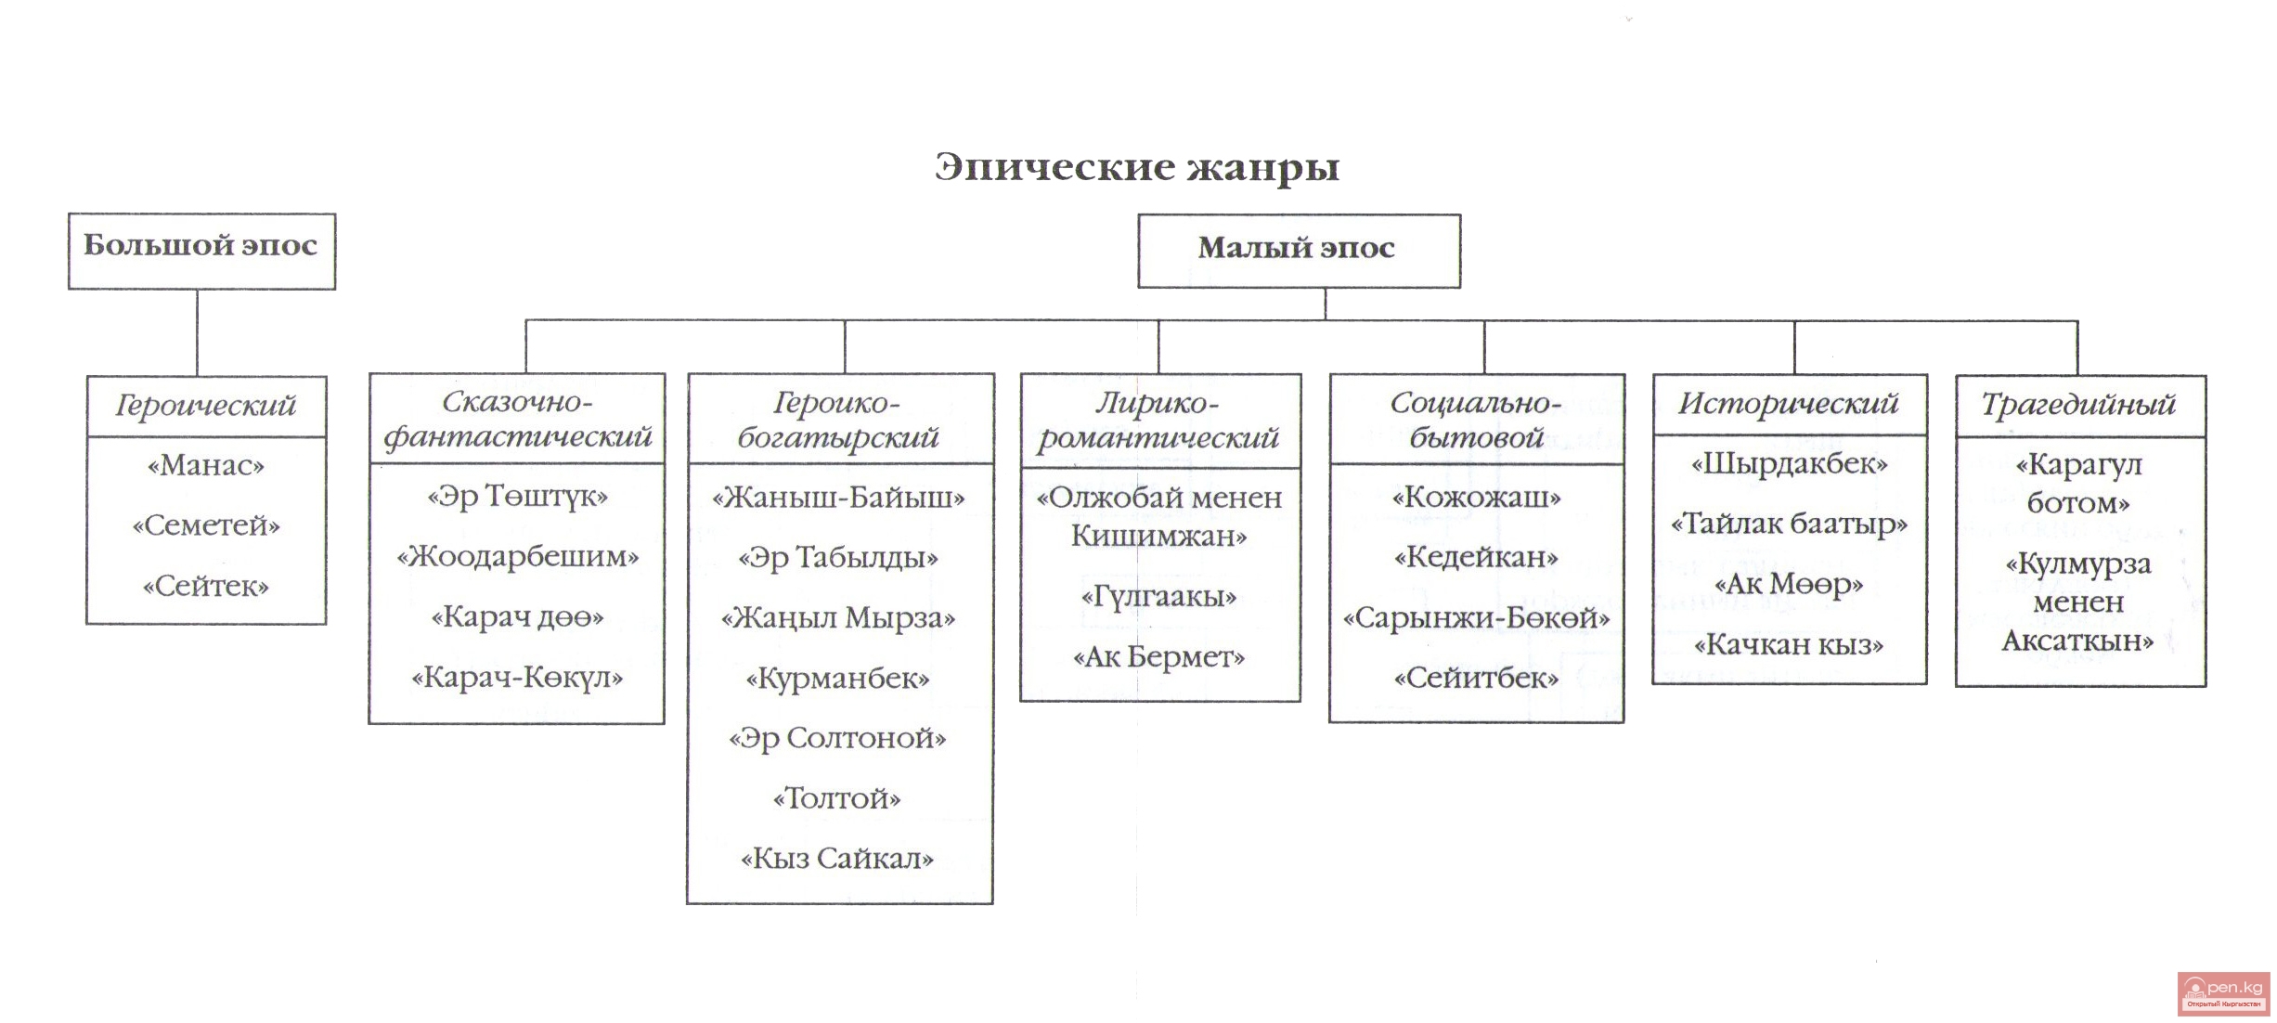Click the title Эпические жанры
point(1137,167)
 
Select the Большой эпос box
point(201,251)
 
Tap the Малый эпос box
point(1298,250)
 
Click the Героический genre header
point(206,406)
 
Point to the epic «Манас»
point(206,465)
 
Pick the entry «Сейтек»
point(206,586)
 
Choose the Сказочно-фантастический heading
point(517,419)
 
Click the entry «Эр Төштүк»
point(517,497)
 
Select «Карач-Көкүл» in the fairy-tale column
point(517,678)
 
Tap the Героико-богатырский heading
point(838,420)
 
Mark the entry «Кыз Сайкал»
point(837,859)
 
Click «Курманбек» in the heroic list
point(837,679)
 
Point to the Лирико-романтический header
point(1158,420)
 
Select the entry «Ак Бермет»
point(1158,657)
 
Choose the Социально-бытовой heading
point(1476,420)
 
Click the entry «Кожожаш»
point(1476,498)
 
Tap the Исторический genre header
point(1788,404)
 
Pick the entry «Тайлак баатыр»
point(1789,524)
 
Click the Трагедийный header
point(2078,405)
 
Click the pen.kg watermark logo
point(2224,992)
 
